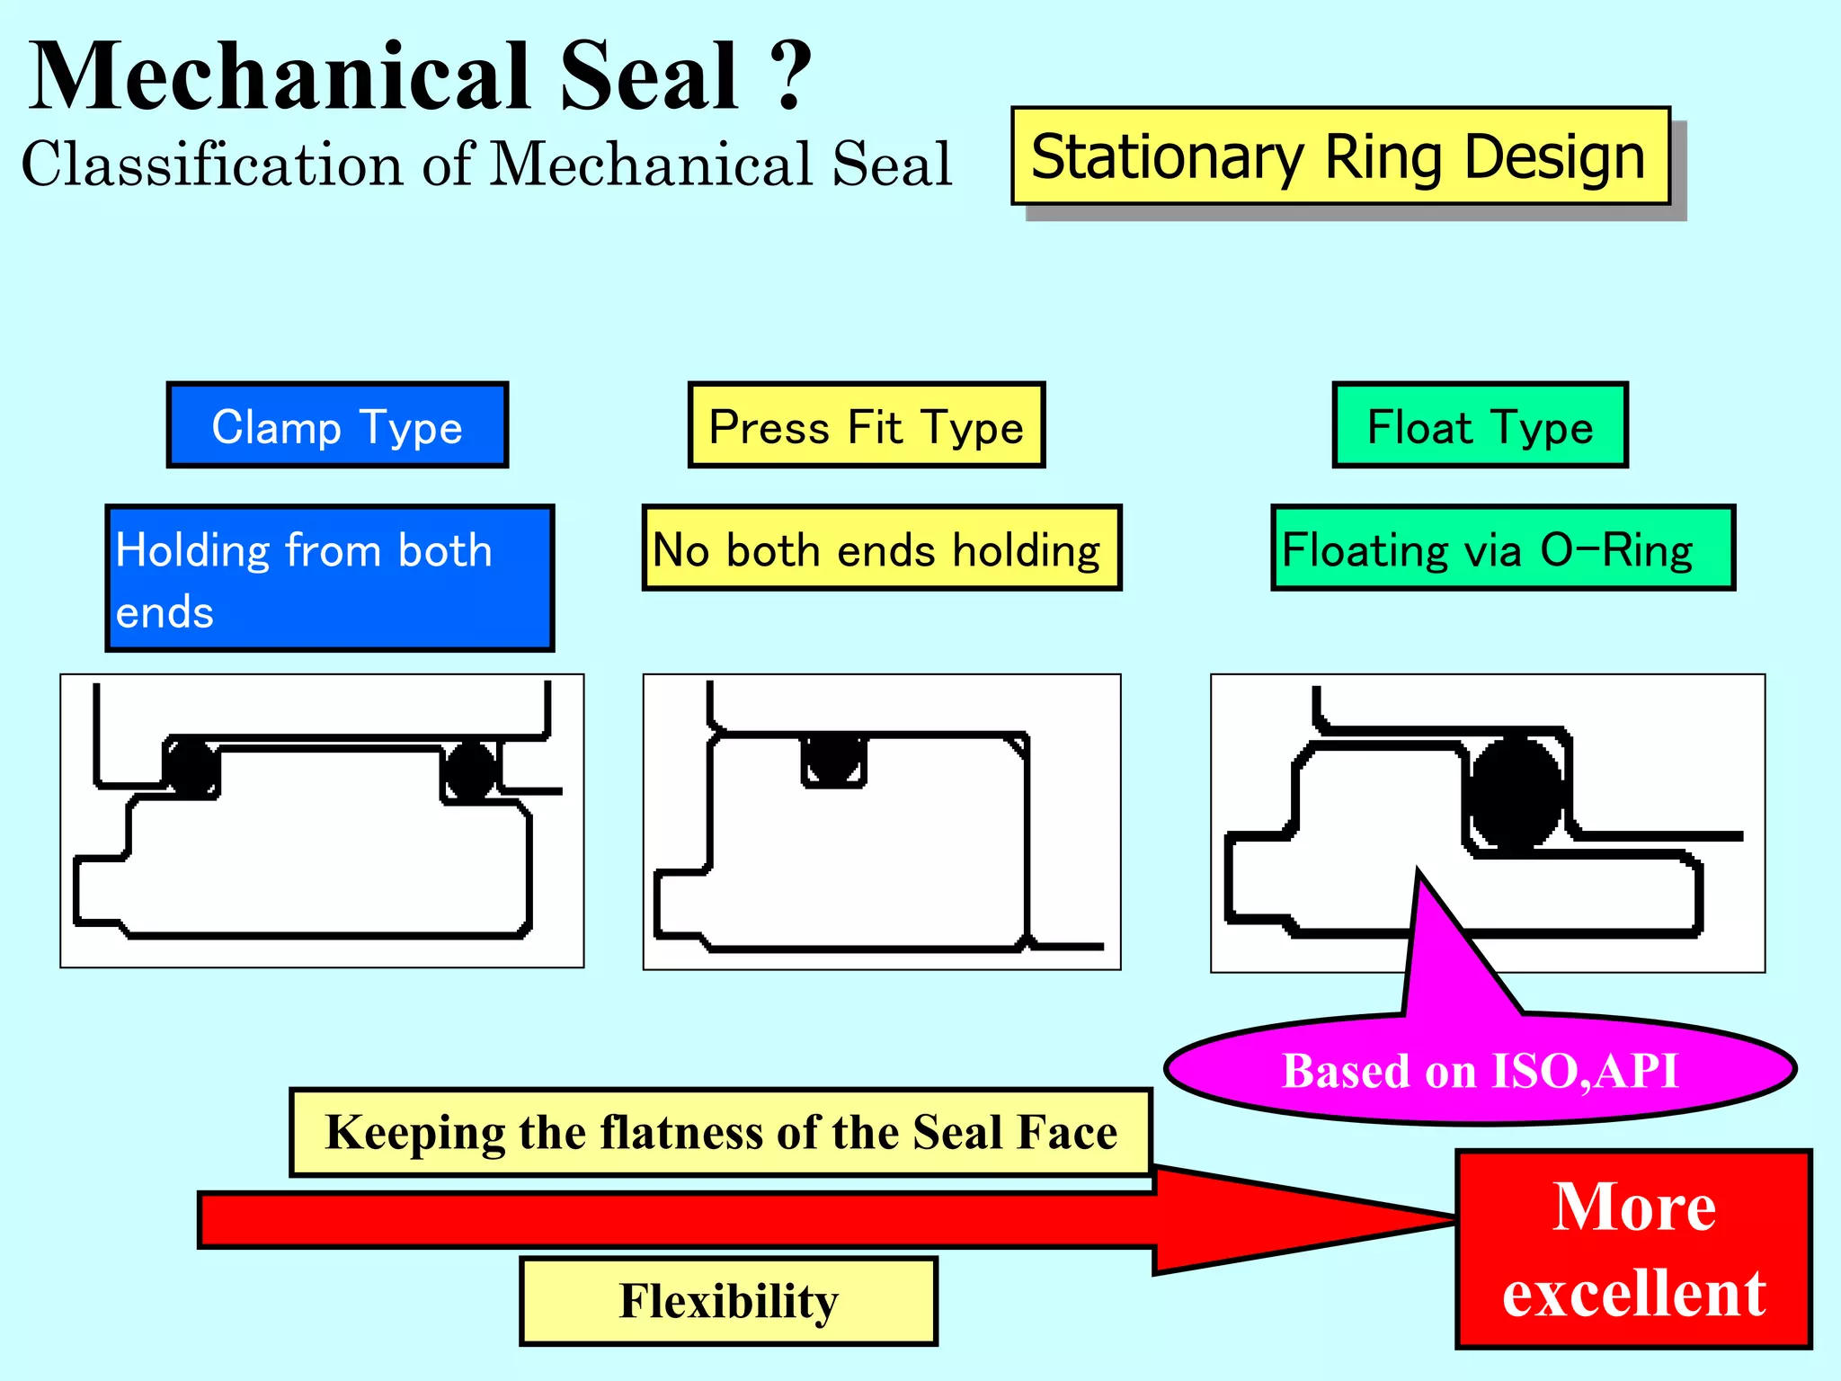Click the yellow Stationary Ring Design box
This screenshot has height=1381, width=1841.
coord(1339,156)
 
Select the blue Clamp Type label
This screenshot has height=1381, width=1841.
coord(337,426)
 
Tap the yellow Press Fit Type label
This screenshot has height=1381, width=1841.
coord(866,426)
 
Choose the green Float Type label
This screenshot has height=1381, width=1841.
coord(1480,426)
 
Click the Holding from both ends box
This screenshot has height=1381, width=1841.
coord(329,578)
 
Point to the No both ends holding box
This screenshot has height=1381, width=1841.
coord(881,548)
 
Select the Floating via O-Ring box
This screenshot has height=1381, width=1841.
coord(1502,548)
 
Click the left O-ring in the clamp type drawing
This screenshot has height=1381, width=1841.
coord(191,768)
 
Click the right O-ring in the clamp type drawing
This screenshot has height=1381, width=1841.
coord(469,770)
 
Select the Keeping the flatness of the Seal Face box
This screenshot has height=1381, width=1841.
coord(721,1132)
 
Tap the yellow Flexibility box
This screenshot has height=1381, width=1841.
coord(728,1301)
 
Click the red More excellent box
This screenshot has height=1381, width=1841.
coord(1633,1249)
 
